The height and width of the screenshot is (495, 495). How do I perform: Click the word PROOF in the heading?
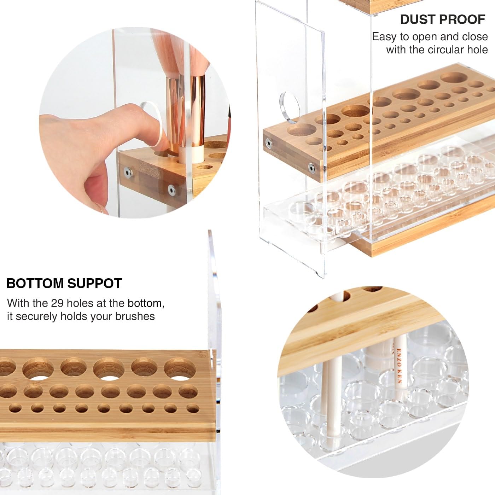tap(463, 19)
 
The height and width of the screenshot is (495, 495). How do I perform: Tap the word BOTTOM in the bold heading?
tap(35, 283)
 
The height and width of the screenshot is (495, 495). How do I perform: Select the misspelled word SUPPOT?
tap(94, 283)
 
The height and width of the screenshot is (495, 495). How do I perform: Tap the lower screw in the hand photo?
tap(171, 190)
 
